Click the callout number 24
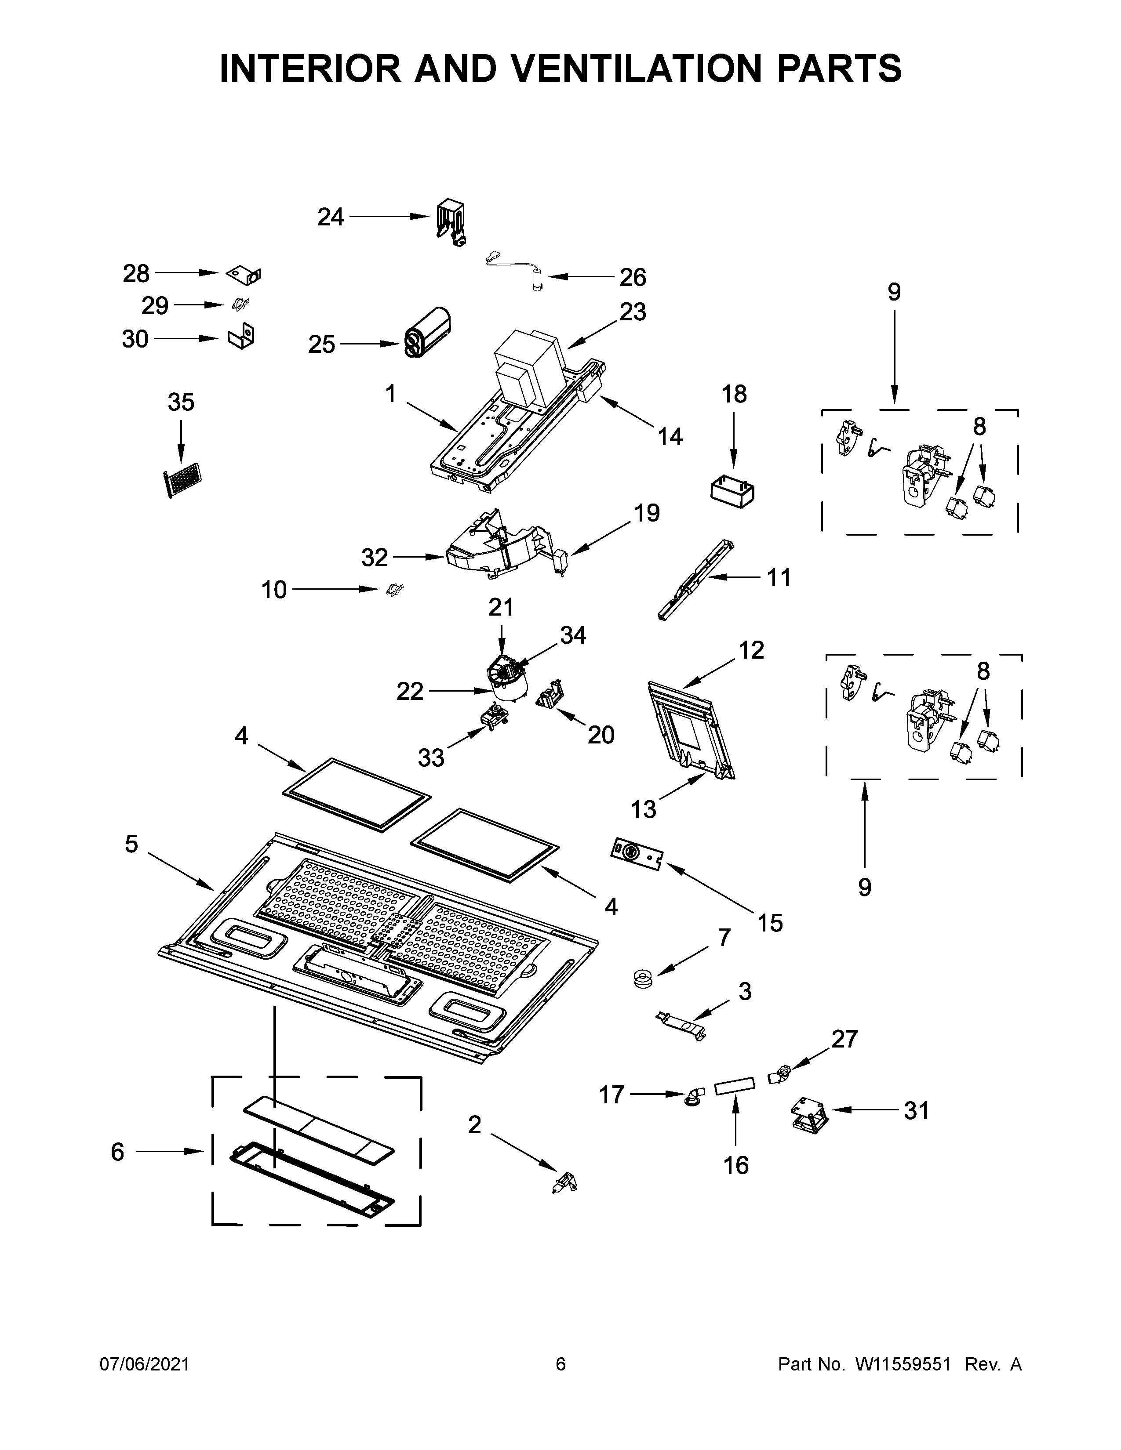tap(330, 217)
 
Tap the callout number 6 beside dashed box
tap(117, 1152)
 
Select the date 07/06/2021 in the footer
tap(145, 1364)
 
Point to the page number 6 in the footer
tap(560, 1364)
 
